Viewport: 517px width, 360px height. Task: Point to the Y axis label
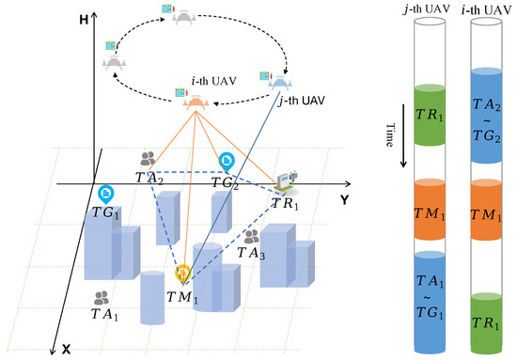344,199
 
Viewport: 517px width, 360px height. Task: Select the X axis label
66,349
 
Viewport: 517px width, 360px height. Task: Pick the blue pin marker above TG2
227,163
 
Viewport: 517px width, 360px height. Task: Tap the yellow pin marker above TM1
183,274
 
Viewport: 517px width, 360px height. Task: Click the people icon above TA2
148,160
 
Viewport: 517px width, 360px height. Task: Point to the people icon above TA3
251,237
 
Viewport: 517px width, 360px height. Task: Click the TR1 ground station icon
288,178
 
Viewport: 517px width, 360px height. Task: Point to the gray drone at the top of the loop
182,16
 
